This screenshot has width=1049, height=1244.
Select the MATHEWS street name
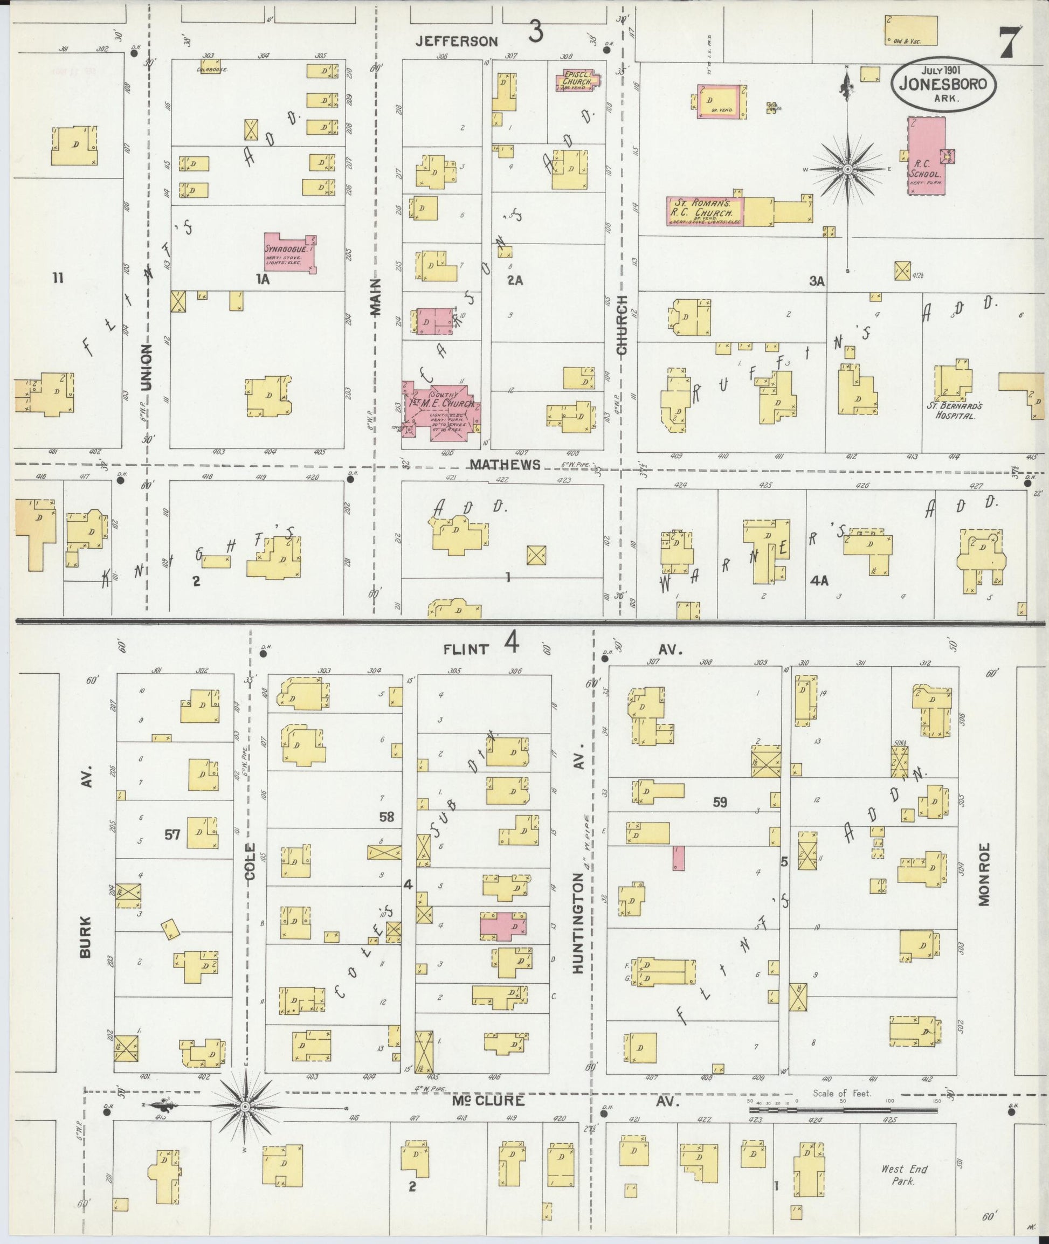click(x=506, y=464)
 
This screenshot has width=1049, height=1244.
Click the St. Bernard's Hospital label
click(x=951, y=411)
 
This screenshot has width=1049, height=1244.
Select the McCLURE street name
click(x=488, y=1101)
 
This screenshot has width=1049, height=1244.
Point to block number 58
click(x=387, y=817)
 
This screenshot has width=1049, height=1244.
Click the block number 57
click(x=172, y=835)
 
